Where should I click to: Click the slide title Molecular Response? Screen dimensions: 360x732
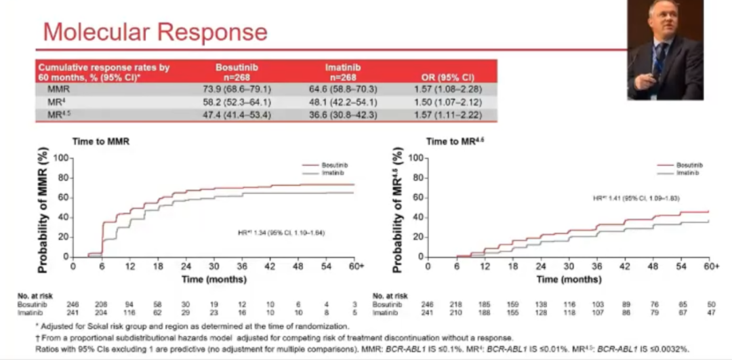click(x=155, y=32)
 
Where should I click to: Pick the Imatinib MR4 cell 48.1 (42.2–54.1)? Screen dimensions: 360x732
click(x=342, y=102)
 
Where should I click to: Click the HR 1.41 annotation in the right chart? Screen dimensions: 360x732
click(x=636, y=198)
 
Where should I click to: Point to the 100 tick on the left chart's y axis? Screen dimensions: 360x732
click(x=62, y=158)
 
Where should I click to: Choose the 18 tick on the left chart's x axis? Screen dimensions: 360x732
click(x=158, y=266)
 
